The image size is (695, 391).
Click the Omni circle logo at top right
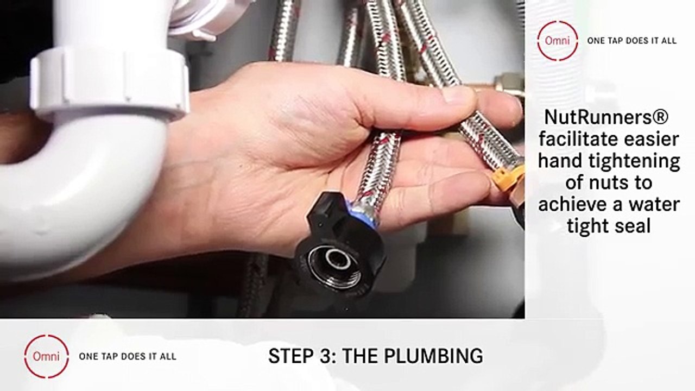pyautogui.click(x=558, y=41)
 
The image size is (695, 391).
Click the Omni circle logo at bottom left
pyautogui.click(x=47, y=356)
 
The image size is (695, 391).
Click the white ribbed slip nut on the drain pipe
pyautogui.click(x=109, y=81)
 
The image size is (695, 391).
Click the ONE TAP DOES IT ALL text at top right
pyautogui.click(x=631, y=41)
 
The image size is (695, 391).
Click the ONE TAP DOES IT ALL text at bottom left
pyautogui.click(x=128, y=356)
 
